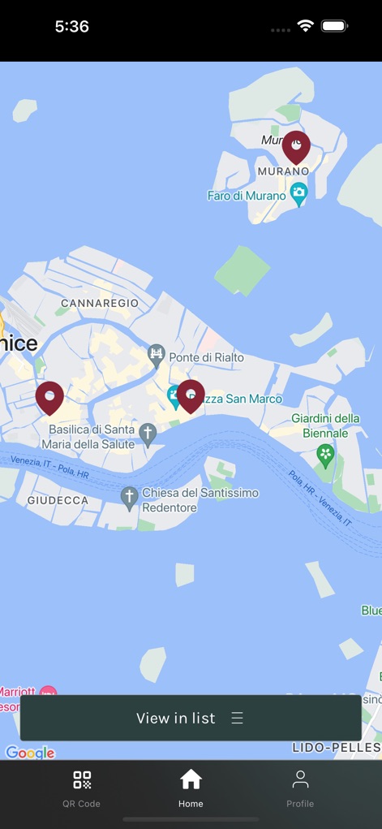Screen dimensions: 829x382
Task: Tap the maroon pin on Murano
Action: pyautogui.click(x=296, y=147)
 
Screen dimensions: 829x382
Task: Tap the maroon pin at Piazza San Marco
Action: pyautogui.click(x=191, y=395)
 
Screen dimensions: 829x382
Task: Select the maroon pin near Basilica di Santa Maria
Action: pyautogui.click(x=49, y=397)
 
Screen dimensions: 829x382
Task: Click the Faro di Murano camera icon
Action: pyautogui.click(x=299, y=195)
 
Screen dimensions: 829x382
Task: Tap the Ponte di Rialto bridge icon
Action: pyautogui.click(x=157, y=354)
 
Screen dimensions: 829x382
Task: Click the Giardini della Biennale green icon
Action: pyautogui.click(x=326, y=456)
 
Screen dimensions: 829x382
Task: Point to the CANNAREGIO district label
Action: pyautogui.click(x=100, y=303)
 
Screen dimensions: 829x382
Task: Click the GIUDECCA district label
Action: pyautogui.click(x=58, y=500)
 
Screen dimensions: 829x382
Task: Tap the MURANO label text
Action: pyautogui.click(x=283, y=171)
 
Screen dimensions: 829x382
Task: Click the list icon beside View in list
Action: pyautogui.click(x=238, y=718)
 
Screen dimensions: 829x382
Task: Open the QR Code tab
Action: pyautogui.click(x=82, y=788)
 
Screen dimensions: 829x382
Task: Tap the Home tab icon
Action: pyautogui.click(x=191, y=780)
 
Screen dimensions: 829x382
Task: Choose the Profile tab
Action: pyautogui.click(x=300, y=788)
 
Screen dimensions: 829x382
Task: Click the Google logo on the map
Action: pyautogui.click(x=30, y=752)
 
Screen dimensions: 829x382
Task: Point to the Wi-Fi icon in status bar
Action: pyautogui.click(x=305, y=26)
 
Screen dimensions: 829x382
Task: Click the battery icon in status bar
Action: pyautogui.click(x=334, y=26)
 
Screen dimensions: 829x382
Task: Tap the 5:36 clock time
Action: pyautogui.click(x=72, y=26)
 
